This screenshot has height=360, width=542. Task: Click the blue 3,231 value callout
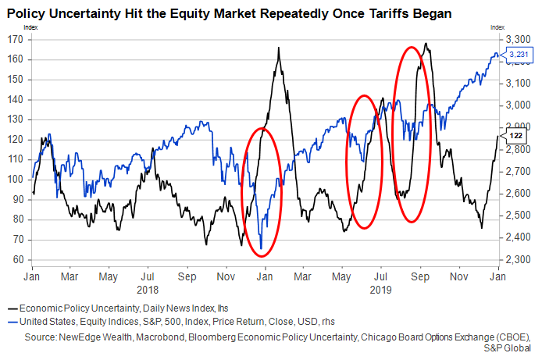coord(519,54)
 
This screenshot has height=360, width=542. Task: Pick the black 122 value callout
coord(516,136)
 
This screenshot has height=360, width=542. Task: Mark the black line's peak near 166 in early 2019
coord(279,48)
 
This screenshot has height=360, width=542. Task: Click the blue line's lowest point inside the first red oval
coord(261,249)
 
